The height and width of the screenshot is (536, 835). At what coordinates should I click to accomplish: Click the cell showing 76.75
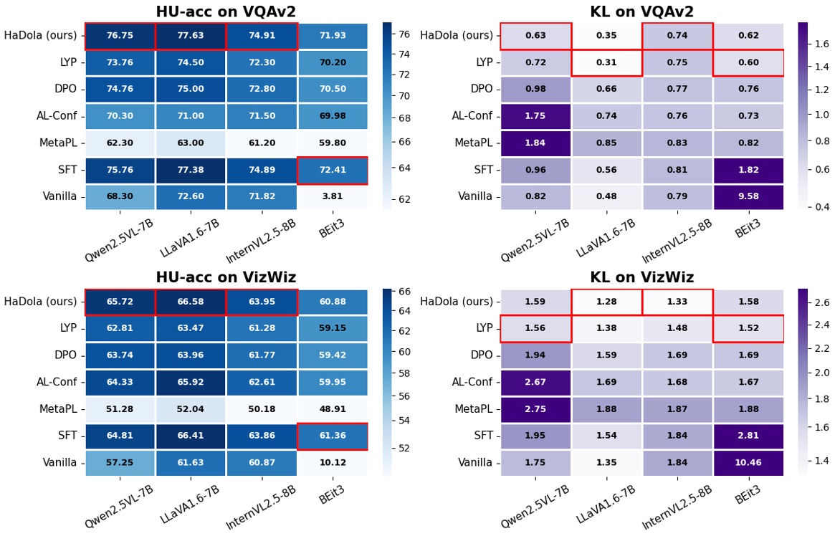(x=120, y=36)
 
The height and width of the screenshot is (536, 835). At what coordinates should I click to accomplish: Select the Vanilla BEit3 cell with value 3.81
(x=332, y=196)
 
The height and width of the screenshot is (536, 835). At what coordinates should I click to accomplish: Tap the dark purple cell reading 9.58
(x=748, y=196)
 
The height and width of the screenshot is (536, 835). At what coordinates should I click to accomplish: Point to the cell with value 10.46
(x=748, y=463)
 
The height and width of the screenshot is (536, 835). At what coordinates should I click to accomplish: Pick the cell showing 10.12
(x=332, y=463)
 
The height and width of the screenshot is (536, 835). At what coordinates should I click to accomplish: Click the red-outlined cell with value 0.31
(x=606, y=62)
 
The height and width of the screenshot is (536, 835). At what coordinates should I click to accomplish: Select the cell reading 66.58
(x=190, y=302)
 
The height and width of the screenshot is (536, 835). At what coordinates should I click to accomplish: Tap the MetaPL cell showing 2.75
(x=535, y=409)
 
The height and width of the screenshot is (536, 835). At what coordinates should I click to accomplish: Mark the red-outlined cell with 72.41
(x=332, y=170)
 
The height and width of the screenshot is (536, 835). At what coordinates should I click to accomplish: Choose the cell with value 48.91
(x=332, y=409)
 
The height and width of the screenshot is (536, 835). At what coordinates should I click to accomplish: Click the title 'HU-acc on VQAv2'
(x=226, y=11)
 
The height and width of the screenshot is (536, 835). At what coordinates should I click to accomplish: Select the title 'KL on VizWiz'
(x=641, y=277)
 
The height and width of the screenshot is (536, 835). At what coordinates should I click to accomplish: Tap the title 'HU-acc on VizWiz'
(x=226, y=277)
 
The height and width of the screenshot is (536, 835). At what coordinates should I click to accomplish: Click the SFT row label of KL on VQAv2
(x=482, y=170)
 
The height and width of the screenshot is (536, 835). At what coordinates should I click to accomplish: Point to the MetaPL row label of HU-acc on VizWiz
(x=57, y=409)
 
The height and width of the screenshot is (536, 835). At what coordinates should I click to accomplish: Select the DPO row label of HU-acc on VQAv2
(x=65, y=89)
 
